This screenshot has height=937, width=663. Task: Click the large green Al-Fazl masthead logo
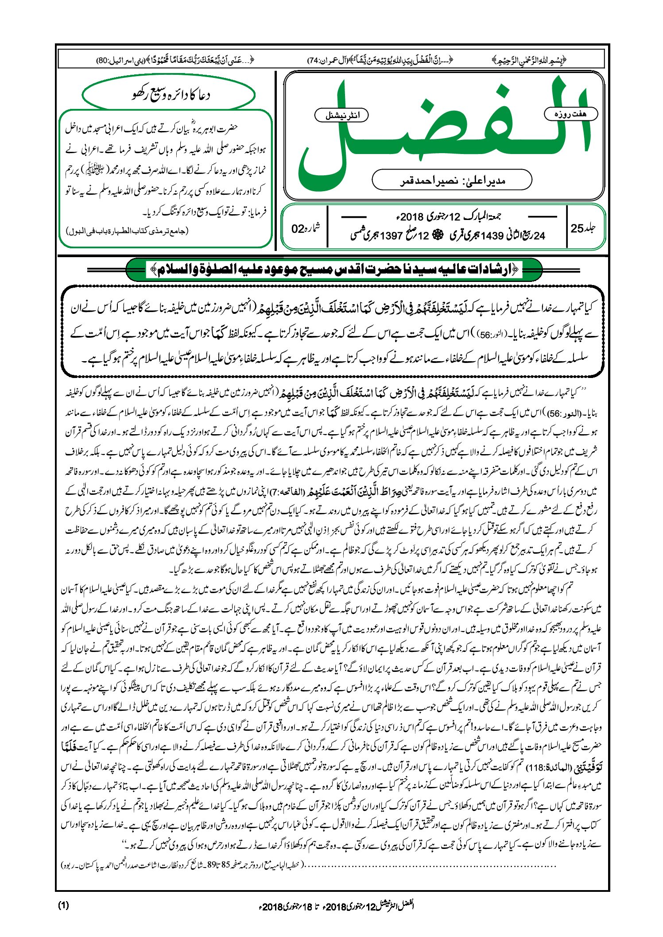(445, 133)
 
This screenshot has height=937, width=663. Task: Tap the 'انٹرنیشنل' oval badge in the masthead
(341, 116)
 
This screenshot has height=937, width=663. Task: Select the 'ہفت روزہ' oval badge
(570, 114)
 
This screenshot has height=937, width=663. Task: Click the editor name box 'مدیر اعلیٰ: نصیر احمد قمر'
(452, 180)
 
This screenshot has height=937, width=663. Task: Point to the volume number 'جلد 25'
(583, 228)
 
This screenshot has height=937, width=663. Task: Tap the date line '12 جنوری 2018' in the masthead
(447, 217)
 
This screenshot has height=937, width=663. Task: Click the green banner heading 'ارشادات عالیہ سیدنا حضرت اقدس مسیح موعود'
(334, 269)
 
